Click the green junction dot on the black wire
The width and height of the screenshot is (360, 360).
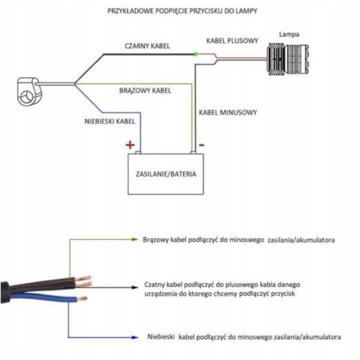click(x=195, y=54)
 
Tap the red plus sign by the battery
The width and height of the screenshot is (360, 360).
click(x=130, y=144)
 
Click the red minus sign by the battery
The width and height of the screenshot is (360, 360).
click(x=201, y=145)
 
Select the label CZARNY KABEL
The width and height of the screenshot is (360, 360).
click(x=147, y=46)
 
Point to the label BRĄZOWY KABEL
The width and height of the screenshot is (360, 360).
click(x=145, y=90)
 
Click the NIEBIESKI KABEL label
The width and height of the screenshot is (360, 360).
click(x=109, y=121)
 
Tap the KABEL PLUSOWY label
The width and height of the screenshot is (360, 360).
click(x=232, y=41)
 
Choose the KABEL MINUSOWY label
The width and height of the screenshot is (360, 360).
click(x=228, y=112)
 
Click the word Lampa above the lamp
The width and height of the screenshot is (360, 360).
click(x=289, y=34)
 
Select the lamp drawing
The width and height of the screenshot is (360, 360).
click(x=287, y=59)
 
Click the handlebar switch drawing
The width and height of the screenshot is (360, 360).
click(x=29, y=91)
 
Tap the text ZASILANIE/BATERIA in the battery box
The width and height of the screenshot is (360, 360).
click(x=166, y=174)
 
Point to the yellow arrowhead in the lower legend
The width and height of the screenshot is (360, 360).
click(x=134, y=239)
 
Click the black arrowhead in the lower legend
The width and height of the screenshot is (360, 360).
click(x=134, y=287)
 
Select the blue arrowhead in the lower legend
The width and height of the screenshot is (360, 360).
click(x=134, y=337)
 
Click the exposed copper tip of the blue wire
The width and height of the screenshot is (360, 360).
click(x=82, y=298)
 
